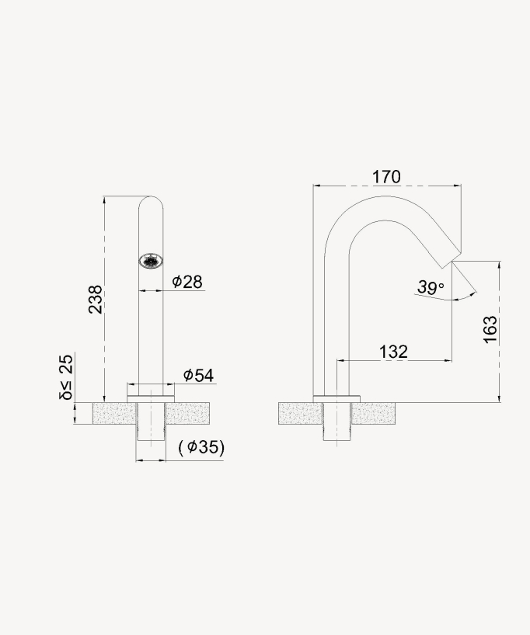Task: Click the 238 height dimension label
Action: (95, 300)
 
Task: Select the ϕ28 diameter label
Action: (187, 281)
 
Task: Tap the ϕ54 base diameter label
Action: (198, 375)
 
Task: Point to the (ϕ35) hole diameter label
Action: (201, 447)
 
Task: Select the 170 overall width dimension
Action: (386, 177)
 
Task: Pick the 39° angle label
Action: (430, 287)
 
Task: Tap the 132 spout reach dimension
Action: (393, 352)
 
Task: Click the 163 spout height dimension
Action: (490, 331)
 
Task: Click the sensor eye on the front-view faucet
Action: (152, 261)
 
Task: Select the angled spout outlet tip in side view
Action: (454, 255)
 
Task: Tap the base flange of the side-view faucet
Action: (336, 398)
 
